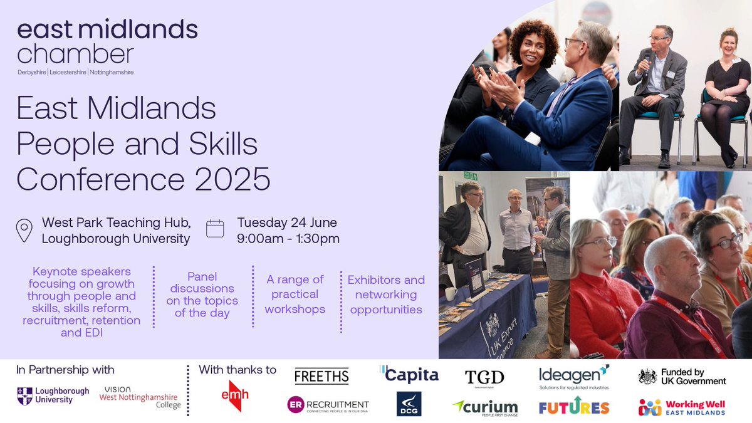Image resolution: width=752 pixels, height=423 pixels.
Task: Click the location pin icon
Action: [24, 230]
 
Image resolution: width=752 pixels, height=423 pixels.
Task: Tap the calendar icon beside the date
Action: [215, 228]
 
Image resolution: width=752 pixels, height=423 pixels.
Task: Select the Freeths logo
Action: [321, 376]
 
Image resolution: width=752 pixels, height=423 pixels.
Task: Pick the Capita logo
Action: [409, 375]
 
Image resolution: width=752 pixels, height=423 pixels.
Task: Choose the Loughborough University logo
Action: [54, 395]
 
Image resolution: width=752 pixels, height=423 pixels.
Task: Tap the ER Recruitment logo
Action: [327, 405]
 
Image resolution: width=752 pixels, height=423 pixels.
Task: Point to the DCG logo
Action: [409, 404]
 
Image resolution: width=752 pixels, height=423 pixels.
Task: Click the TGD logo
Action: [484, 377]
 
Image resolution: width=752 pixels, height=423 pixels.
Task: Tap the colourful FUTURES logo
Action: [573, 407]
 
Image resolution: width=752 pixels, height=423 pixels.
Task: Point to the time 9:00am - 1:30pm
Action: [288, 238]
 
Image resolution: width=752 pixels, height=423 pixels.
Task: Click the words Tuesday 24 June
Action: [287, 222]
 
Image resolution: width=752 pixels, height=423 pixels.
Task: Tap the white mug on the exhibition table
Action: [450, 293]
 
